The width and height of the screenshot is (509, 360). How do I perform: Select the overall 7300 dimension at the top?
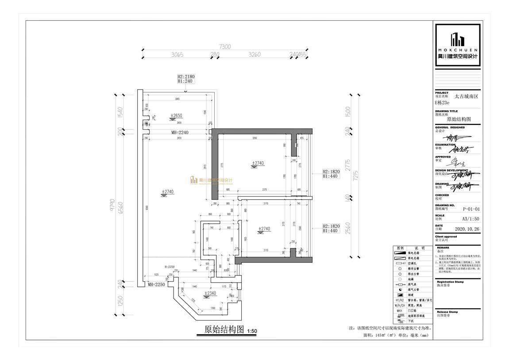[225, 46]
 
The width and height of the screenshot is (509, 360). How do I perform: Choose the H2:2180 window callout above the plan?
[185, 77]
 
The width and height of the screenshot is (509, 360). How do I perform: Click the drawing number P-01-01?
[471, 209]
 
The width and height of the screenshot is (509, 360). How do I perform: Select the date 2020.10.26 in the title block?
[467, 229]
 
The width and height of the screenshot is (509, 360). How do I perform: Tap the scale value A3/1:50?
[471, 219]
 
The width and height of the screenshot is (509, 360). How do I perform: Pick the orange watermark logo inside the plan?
[211, 181]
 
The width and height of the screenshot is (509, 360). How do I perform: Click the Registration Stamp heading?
[450, 282]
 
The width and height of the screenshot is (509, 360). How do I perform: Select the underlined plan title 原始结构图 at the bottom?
[224, 330]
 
